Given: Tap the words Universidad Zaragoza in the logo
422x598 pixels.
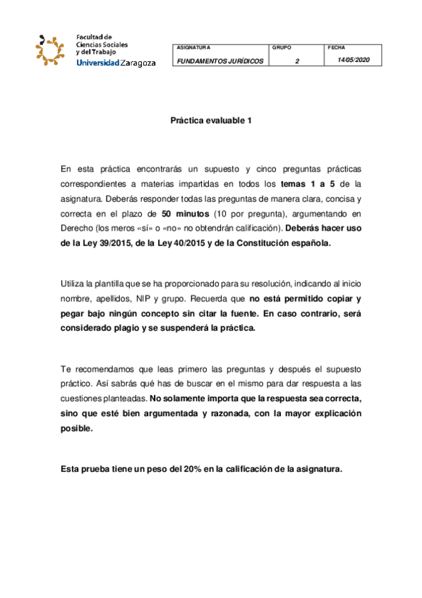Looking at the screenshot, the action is pyautogui.click(x=116, y=63).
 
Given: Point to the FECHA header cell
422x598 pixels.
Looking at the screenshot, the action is pyautogui.click(x=337, y=47).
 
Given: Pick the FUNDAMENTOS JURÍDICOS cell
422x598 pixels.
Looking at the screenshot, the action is pyautogui.click(x=220, y=61).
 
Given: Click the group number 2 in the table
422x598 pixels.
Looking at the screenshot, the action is pyautogui.click(x=297, y=61).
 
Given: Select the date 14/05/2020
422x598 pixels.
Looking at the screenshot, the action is pyautogui.click(x=354, y=60).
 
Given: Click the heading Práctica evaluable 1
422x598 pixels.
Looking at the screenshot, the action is pyautogui.click(x=211, y=121).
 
